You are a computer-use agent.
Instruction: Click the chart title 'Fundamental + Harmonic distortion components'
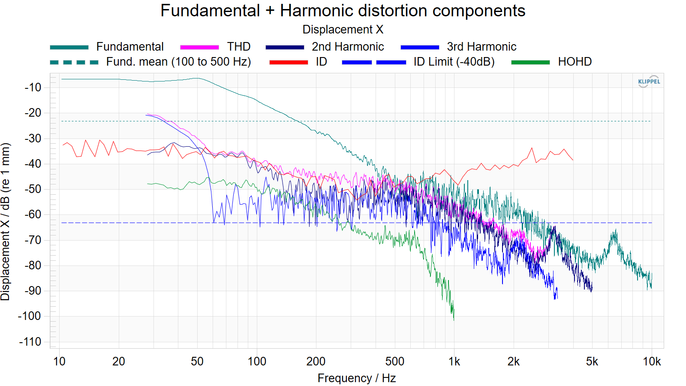click(343, 11)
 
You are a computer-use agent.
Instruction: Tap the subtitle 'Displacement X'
click(343, 30)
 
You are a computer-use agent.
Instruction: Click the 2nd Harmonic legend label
click(348, 47)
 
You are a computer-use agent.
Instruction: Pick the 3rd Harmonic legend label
click(481, 47)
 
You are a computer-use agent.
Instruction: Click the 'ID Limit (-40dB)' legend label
click(454, 62)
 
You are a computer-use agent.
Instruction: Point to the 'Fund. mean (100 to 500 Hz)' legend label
click(178, 62)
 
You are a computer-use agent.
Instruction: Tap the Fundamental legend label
click(130, 47)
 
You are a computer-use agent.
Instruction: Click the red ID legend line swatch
click(289, 62)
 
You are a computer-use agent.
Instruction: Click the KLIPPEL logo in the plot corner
click(649, 81)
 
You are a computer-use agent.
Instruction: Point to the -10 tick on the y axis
click(33, 87)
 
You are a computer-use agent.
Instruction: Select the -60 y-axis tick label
click(33, 214)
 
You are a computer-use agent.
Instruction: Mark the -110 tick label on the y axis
click(30, 341)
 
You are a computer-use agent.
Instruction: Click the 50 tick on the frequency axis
click(197, 362)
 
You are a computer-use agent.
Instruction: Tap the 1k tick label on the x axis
click(454, 362)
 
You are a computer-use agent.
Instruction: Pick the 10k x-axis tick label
click(652, 362)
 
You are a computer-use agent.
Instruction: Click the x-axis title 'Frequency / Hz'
click(357, 378)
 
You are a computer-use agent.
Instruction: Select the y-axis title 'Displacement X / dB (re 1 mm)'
click(5, 222)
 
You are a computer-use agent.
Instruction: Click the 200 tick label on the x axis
click(316, 362)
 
